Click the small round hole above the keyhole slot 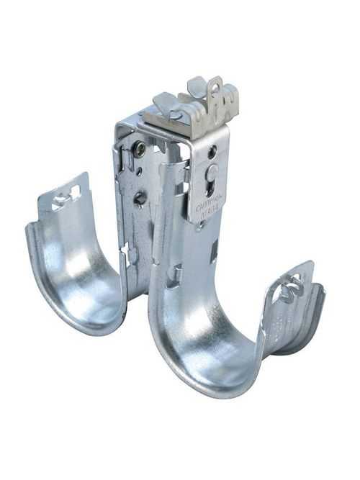pyautogui.click(x=212, y=153)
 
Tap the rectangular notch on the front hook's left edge pyautogui.click(x=172, y=273)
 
